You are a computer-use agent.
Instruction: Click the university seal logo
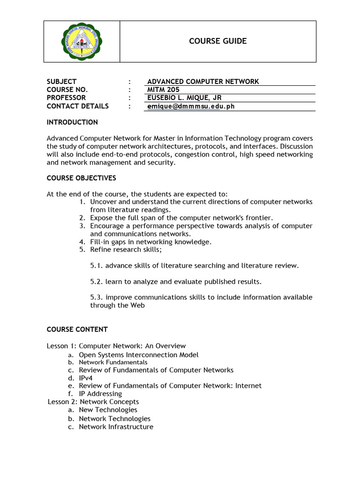click(x=82, y=42)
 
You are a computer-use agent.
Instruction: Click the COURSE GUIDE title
click(x=217, y=41)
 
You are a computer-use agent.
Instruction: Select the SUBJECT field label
click(x=61, y=82)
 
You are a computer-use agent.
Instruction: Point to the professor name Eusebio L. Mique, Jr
click(x=184, y=97)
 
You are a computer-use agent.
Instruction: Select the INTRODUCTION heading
click(x=72, y=122)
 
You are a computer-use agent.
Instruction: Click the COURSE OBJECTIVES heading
click(x=81, y=178)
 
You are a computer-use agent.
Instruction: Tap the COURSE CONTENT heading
click(x=77, y=330)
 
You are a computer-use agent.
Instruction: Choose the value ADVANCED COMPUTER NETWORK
click(x=203, y=82)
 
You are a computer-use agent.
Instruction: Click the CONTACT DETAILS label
click(x=77, y=106)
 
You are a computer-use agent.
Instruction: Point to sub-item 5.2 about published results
click(x=176, y=282)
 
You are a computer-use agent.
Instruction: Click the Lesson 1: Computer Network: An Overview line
click(x=116, y=346)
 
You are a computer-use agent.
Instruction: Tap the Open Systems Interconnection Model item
click(x=138, y=355)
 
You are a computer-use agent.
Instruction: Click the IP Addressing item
click(x=100, y=394)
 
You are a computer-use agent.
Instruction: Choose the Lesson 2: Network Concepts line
click(x=94, y=402)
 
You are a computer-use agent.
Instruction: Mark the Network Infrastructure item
click(x=116, y=427)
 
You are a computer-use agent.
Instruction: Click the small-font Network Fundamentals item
click(x=112, y=362)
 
